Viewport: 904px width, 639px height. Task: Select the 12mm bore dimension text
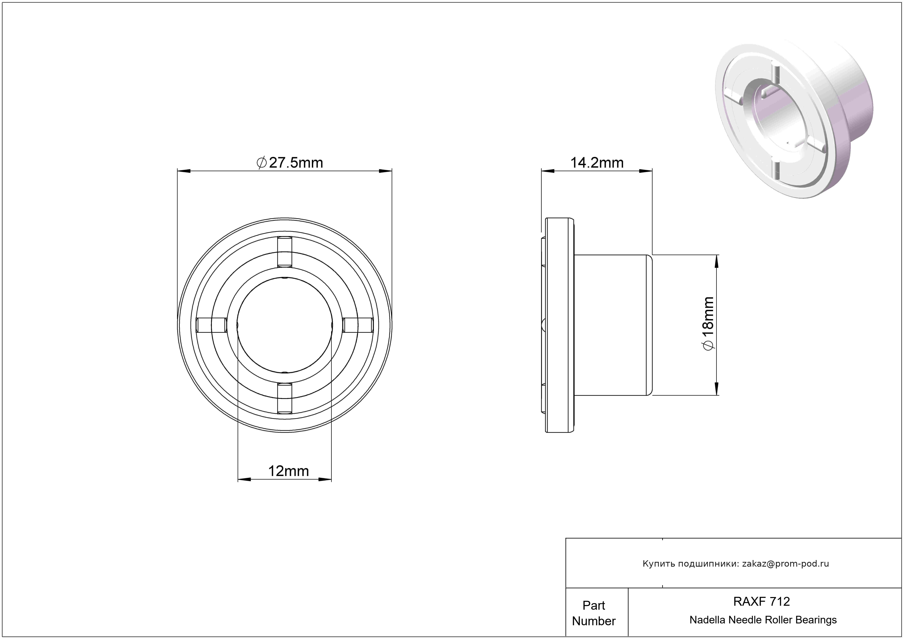(x=289, y=471)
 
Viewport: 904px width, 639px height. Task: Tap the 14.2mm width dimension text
(x=597, y=163)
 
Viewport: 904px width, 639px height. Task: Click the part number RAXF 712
(x=761, y=601)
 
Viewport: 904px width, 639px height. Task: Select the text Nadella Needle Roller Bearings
(x=763, y=620)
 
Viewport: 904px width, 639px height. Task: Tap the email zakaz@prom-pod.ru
(x=785, y=563)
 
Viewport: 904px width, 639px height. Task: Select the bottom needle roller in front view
(x=285, y=398)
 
